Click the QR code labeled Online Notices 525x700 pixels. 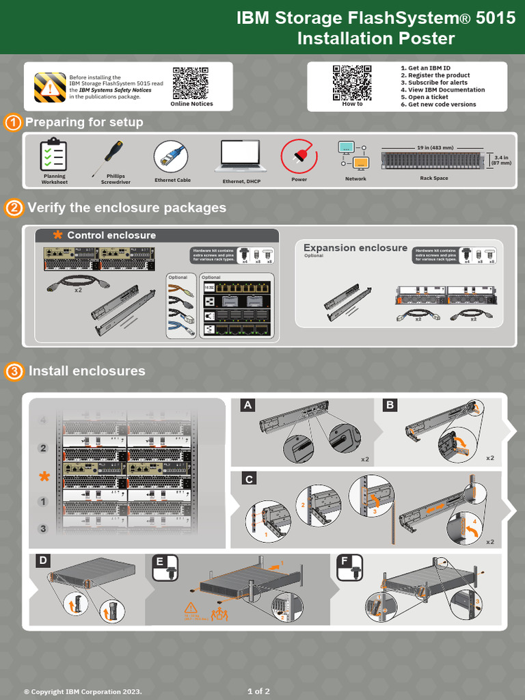tap(191, 83)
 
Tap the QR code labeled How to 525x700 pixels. tap(352, 82)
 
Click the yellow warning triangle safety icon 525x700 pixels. tap(50, 87)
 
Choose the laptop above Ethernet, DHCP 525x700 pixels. tap(240, 156)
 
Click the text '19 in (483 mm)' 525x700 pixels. tap(434, 147)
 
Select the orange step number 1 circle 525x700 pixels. tap(12, 123)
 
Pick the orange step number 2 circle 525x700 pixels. tap(14, 208)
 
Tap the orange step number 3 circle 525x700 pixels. tap(14, 372)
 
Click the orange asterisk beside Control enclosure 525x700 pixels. tap(57, 235)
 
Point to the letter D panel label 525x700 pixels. tap(42, 561)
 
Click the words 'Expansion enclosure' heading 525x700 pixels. tap(355, 248)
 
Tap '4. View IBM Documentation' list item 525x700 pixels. tap(442, 90)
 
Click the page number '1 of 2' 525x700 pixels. tap(258, 691)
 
